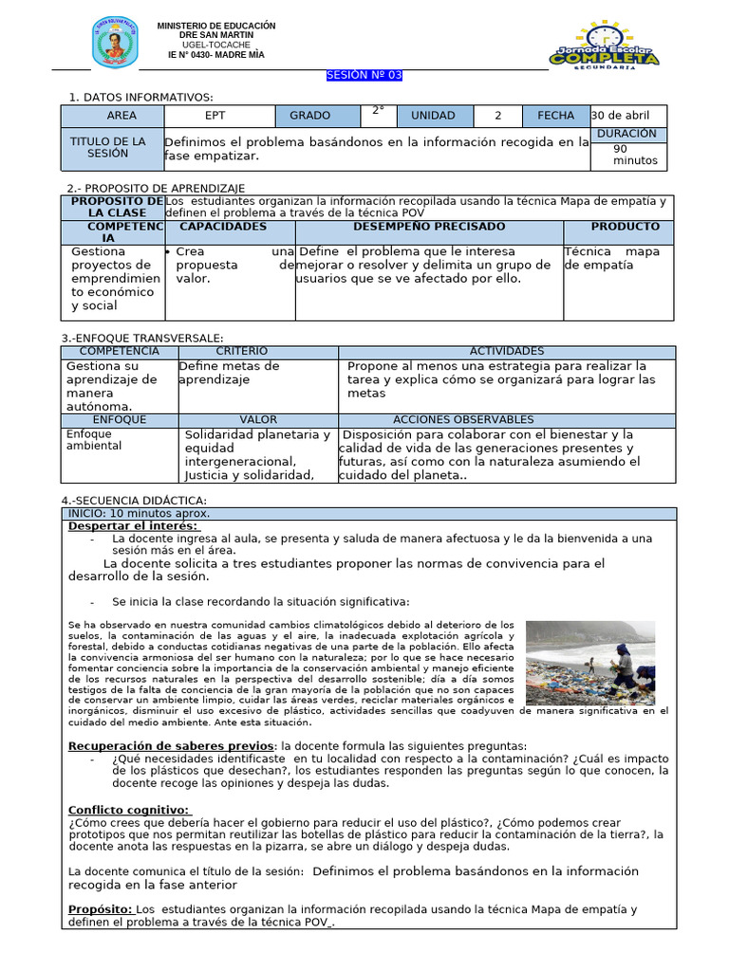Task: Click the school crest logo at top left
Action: [115, 43]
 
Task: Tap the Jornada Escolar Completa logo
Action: [604, 45]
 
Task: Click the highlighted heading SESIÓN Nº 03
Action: [364, 76]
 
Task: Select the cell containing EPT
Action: [221, 116]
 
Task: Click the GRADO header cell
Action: [310, 116]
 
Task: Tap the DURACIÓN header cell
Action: [627, 134]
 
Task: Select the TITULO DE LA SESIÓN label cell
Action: [108, 147]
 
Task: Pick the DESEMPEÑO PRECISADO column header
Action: [429, 227]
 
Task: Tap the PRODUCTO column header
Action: [625, 227]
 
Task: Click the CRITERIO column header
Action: [241, 352]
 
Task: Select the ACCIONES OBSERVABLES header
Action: [463, 419]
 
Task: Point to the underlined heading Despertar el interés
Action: [133, 526]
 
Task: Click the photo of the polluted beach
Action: [589, 663]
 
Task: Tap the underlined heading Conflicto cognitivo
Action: [129, 809]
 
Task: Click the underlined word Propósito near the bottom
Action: [100, 909]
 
